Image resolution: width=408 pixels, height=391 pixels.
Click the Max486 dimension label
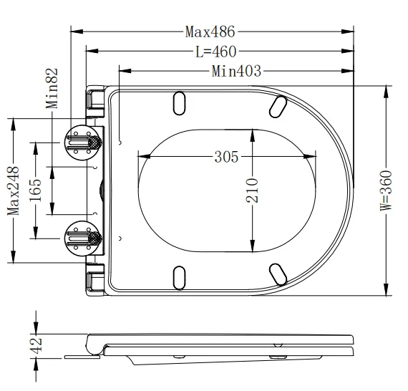210,32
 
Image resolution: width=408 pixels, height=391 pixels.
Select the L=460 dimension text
215,52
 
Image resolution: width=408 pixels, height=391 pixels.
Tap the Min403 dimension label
235,71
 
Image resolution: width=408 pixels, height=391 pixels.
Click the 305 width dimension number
227,157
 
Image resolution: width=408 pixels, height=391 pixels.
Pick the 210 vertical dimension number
253,190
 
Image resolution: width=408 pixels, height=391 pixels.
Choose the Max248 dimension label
13,190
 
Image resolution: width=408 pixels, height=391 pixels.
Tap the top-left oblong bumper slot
178,102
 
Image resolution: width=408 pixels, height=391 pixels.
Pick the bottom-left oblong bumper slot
178,276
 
